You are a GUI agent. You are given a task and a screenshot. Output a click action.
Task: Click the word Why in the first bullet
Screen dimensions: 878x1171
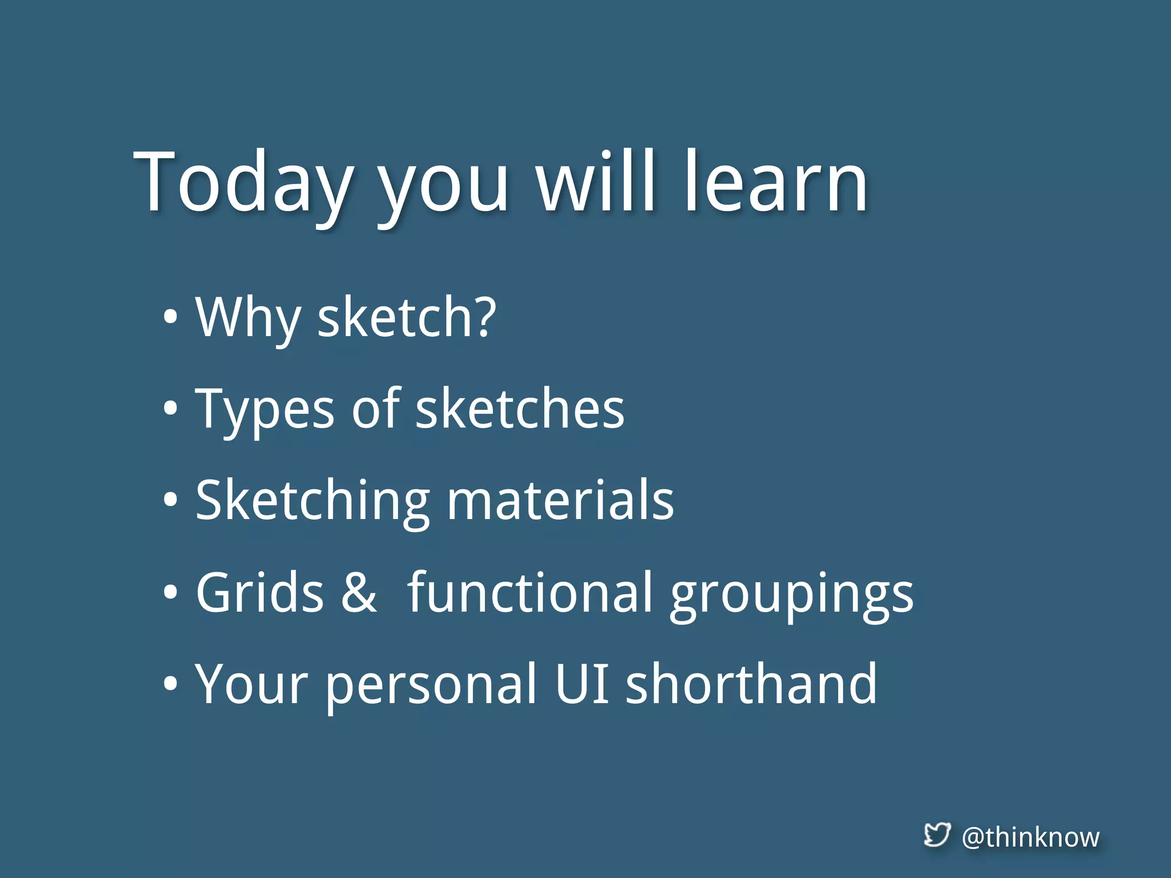[x=247, y=318]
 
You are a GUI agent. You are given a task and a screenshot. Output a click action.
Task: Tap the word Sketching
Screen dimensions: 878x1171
[x=312, y=501]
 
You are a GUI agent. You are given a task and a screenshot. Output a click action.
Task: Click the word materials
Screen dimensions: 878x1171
[x=560, y=501]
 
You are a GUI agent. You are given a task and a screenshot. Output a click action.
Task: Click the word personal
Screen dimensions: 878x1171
[x=432, y=685]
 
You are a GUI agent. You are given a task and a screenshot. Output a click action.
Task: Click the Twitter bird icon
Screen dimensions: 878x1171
[x=937, y=835]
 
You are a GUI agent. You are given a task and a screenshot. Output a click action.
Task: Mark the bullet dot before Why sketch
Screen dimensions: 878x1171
[x=170, y=318]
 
